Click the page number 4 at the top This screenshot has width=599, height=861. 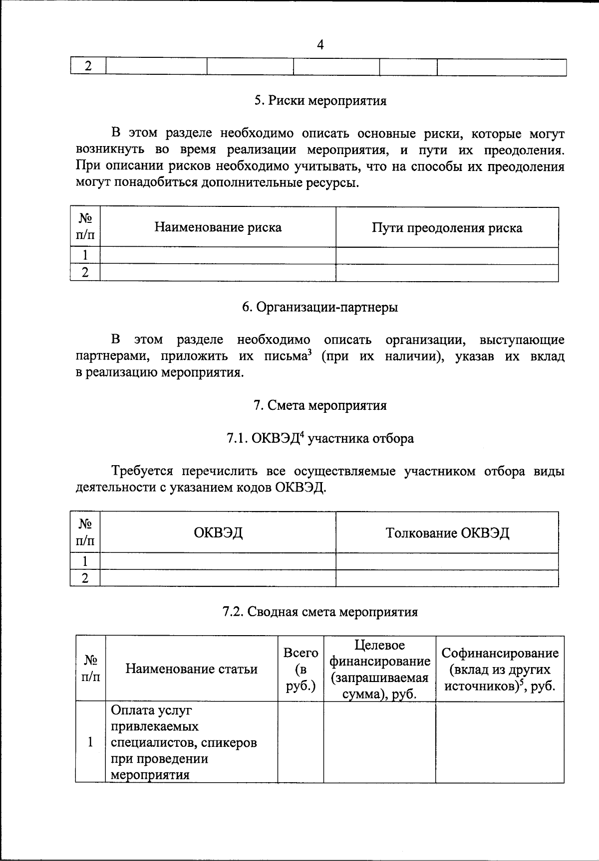[320, 45]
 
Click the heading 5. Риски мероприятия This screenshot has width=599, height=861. [320, 101]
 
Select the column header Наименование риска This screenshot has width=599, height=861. [218, 227]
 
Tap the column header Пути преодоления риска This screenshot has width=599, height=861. [447, 228]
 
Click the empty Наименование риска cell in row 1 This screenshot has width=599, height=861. [218, 255]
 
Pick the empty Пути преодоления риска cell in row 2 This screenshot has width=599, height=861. [447, 273]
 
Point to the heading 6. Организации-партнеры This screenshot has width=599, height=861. [320, 307]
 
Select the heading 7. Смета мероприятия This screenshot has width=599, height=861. [320, 405]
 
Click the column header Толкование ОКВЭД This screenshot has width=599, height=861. [447, 533]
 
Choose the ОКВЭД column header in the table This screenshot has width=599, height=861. [218, 533]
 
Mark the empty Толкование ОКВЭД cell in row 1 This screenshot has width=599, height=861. [447, 561]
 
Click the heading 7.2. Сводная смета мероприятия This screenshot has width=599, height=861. [320, 612]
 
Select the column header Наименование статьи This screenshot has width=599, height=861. [192, 669]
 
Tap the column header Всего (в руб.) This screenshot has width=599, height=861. [300, 669]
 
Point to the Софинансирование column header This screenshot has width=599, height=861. [500, 669]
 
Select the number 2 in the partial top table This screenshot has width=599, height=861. [88, 66]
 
